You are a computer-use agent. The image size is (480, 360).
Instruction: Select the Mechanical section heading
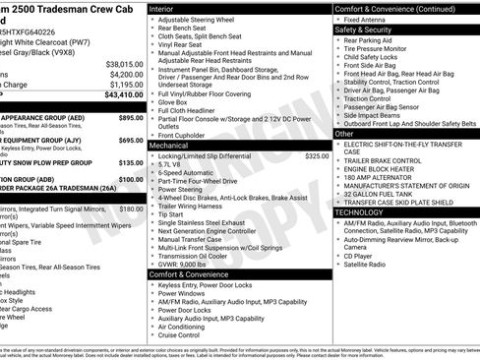point(170,144)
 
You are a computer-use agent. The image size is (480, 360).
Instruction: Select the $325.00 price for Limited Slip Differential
point(317,155)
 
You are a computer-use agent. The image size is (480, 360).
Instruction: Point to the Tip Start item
point(170,213)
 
